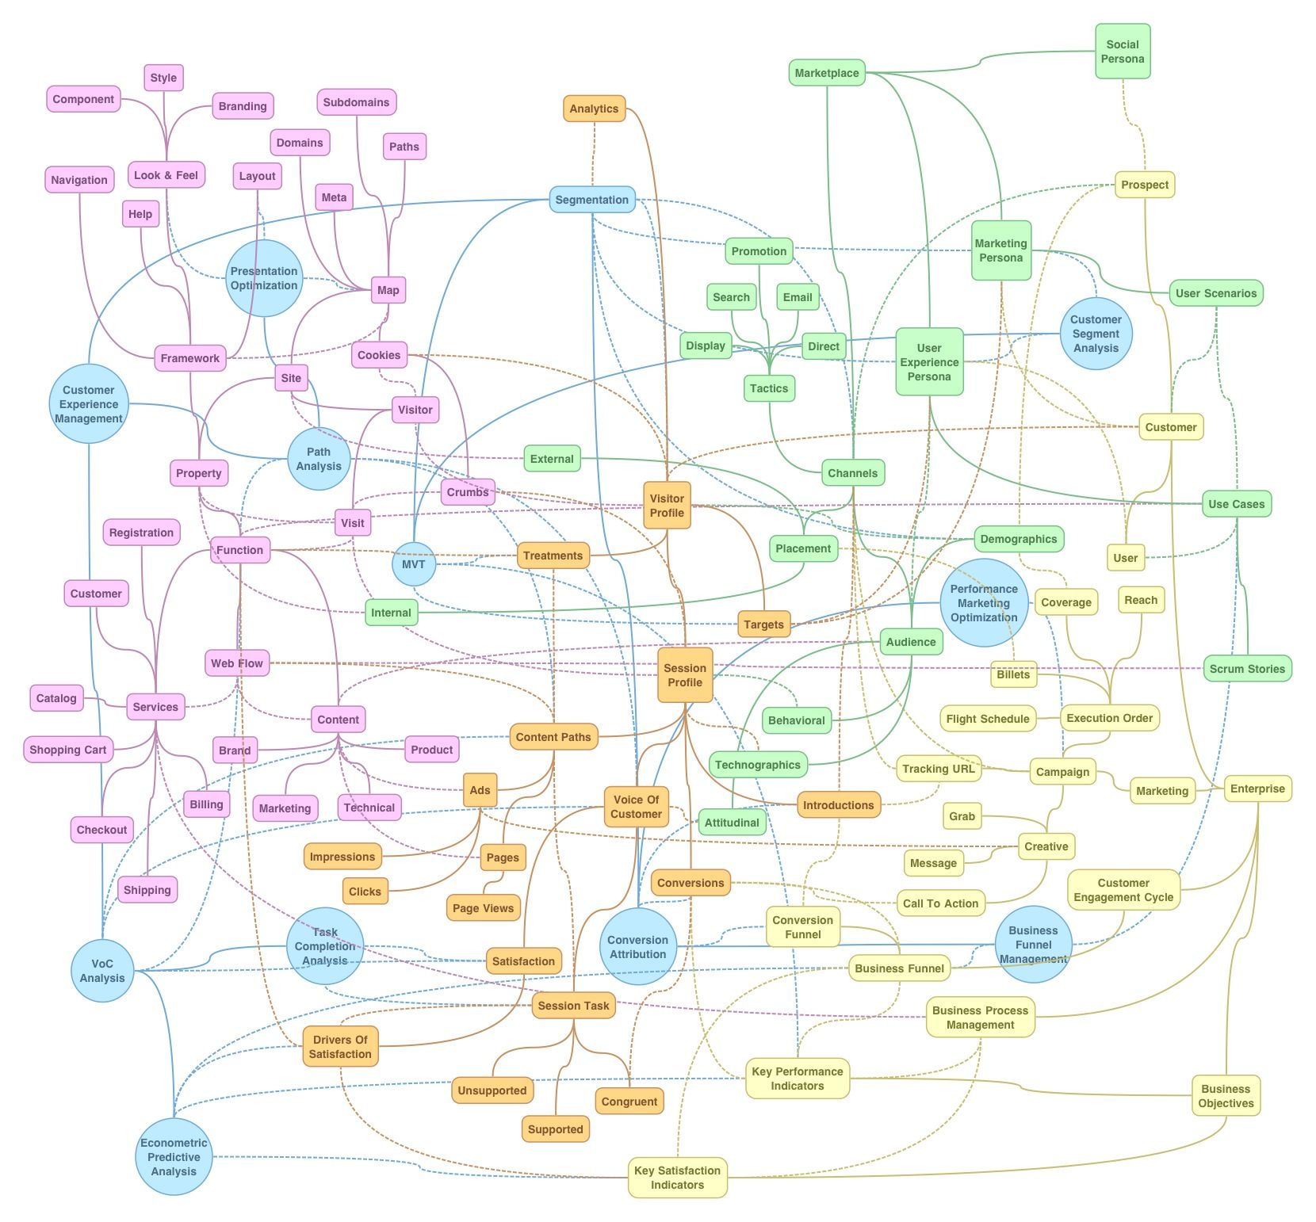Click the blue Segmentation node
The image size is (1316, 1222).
(592, 200)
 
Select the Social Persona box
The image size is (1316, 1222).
(1123, 52)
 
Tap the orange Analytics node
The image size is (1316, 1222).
(594, 109)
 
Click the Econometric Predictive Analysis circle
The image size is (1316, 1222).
(174, 1157)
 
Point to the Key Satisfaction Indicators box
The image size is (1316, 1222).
(677, 1178)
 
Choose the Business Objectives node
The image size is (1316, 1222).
(1226, 1096)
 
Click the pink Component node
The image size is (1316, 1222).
(83, 99)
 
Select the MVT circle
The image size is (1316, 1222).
(414, 564)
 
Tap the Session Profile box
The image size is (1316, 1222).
(685, 675)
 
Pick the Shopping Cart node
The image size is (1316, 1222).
(68, 750)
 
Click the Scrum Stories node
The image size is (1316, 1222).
(1247, 669)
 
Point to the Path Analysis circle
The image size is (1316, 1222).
(319, 459)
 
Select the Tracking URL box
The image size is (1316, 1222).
(938, 769)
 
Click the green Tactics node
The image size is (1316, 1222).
(769, 388)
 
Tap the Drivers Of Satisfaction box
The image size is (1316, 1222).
(340, 1047)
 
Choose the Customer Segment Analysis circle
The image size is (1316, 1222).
(1096, 334)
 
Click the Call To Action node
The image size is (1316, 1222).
(940, 903)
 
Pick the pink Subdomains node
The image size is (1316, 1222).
(356, 102)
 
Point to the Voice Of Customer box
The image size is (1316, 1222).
(636, 807)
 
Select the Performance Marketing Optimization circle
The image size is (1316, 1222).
(984, 603)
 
